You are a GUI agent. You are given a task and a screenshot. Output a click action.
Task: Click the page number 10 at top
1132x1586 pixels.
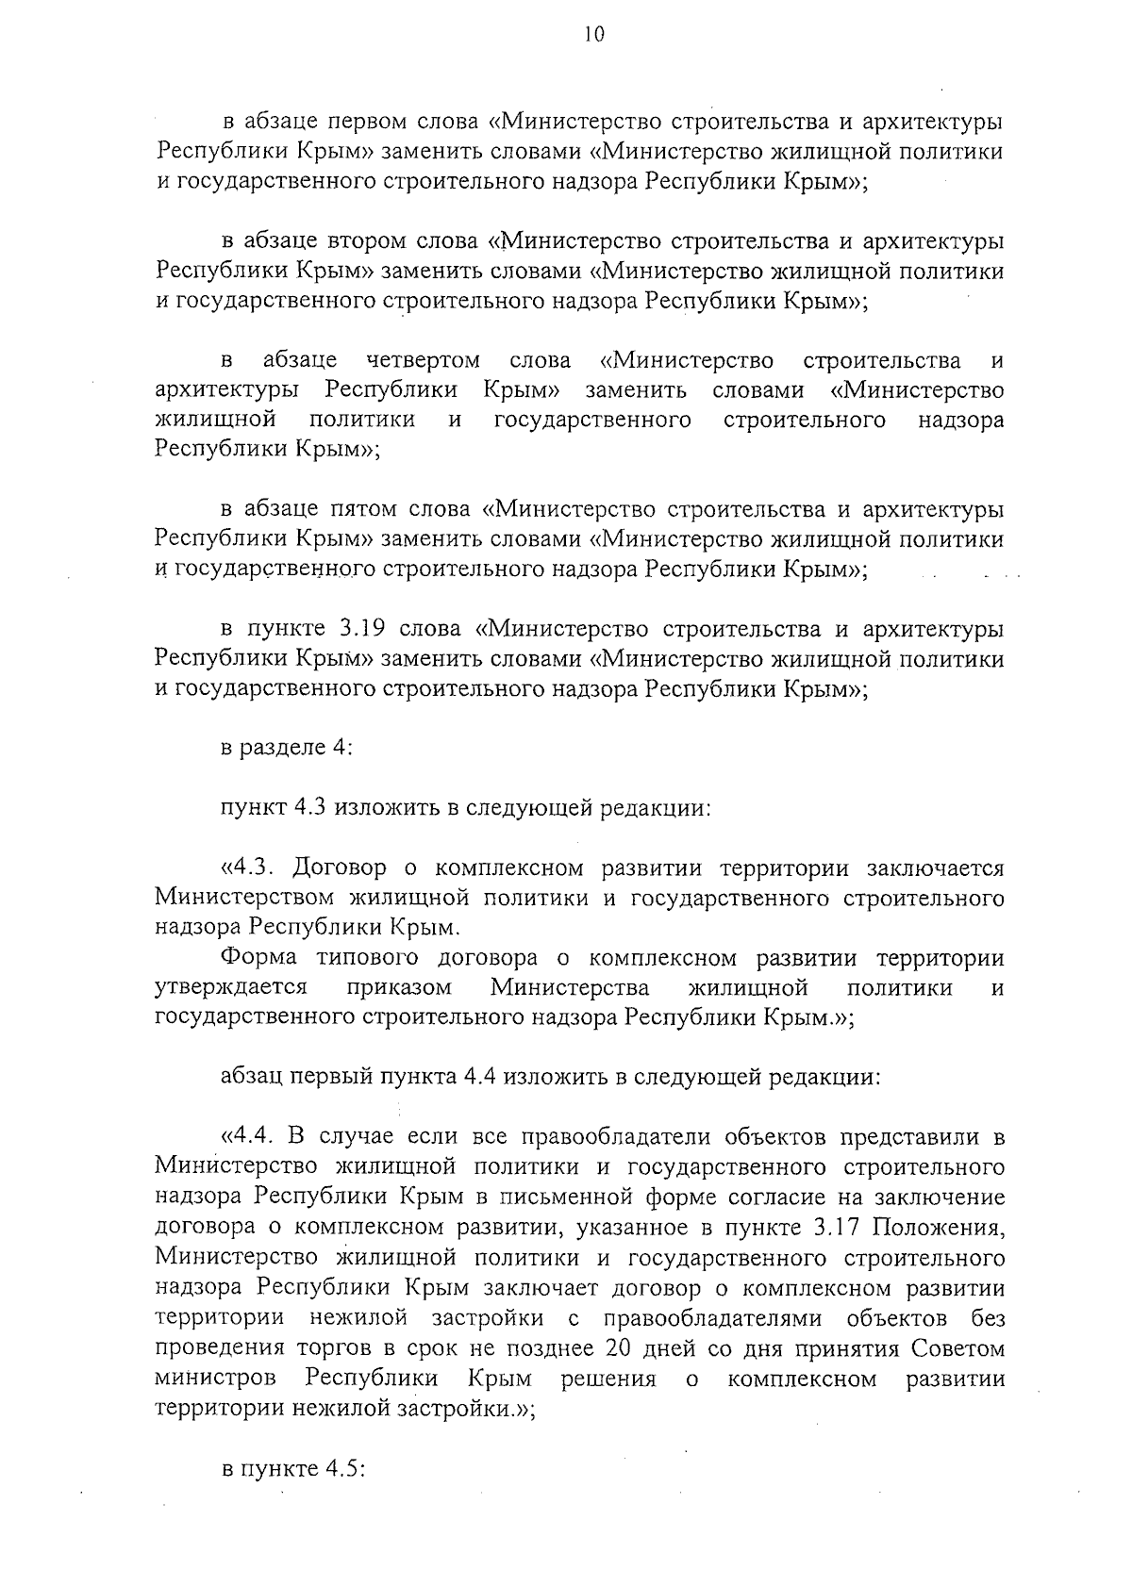pyautogui.click(x=593, y=34)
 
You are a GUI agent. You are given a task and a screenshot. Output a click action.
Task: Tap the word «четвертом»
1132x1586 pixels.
pyautogui.click(x=424, y=360)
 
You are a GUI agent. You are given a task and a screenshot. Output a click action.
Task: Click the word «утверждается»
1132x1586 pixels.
pyautogui.click(x=231, y=987)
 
